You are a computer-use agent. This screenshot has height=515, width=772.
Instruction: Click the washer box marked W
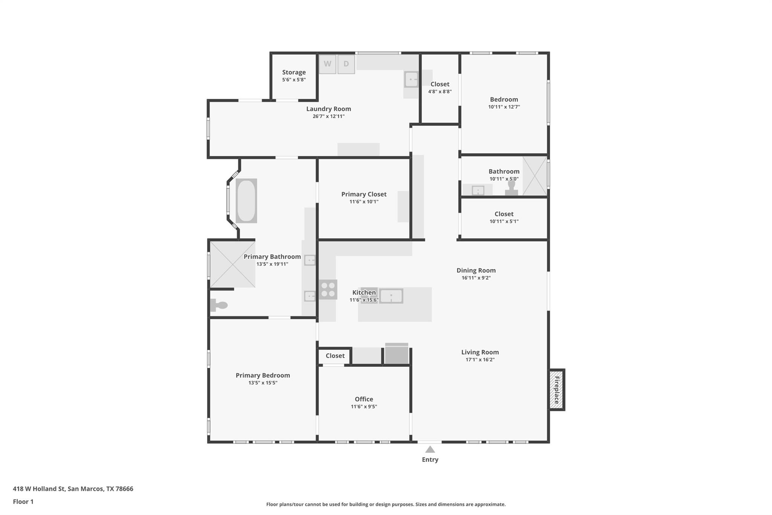[x=327, y=64]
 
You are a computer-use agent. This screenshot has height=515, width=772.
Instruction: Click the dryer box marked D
[x=346, y=64]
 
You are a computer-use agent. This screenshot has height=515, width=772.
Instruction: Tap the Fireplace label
[x=556, y=389]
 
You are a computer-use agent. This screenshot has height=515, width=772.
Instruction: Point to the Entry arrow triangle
[x=430, y=449]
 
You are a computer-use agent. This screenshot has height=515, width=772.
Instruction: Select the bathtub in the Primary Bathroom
[x=246, y=201]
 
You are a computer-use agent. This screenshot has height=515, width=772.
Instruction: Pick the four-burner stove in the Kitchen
[x=328, y=289]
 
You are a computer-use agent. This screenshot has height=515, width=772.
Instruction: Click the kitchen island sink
[x=391, y=296]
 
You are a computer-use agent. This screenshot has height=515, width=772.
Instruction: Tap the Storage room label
[x=294, y=72]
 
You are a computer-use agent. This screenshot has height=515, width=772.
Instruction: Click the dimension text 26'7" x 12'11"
[x=328, y=116]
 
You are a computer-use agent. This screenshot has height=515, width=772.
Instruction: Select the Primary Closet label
[x=364, y=194]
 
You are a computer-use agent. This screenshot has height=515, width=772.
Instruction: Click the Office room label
[x=364, y=399]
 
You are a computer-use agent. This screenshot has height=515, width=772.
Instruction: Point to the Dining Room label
[x=476, y=270]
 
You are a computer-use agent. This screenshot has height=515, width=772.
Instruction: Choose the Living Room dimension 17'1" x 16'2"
[x=480, y=360]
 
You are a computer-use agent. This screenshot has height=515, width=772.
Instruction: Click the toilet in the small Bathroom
[x=512, y=188]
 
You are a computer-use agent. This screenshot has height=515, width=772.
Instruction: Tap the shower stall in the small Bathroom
[x=535, y=176]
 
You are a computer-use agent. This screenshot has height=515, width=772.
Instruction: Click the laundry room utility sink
[x=411, y=80]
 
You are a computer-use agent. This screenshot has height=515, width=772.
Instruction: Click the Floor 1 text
[x=23, y=501]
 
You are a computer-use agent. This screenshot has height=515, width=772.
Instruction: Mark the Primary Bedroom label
[x=263, y=375]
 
